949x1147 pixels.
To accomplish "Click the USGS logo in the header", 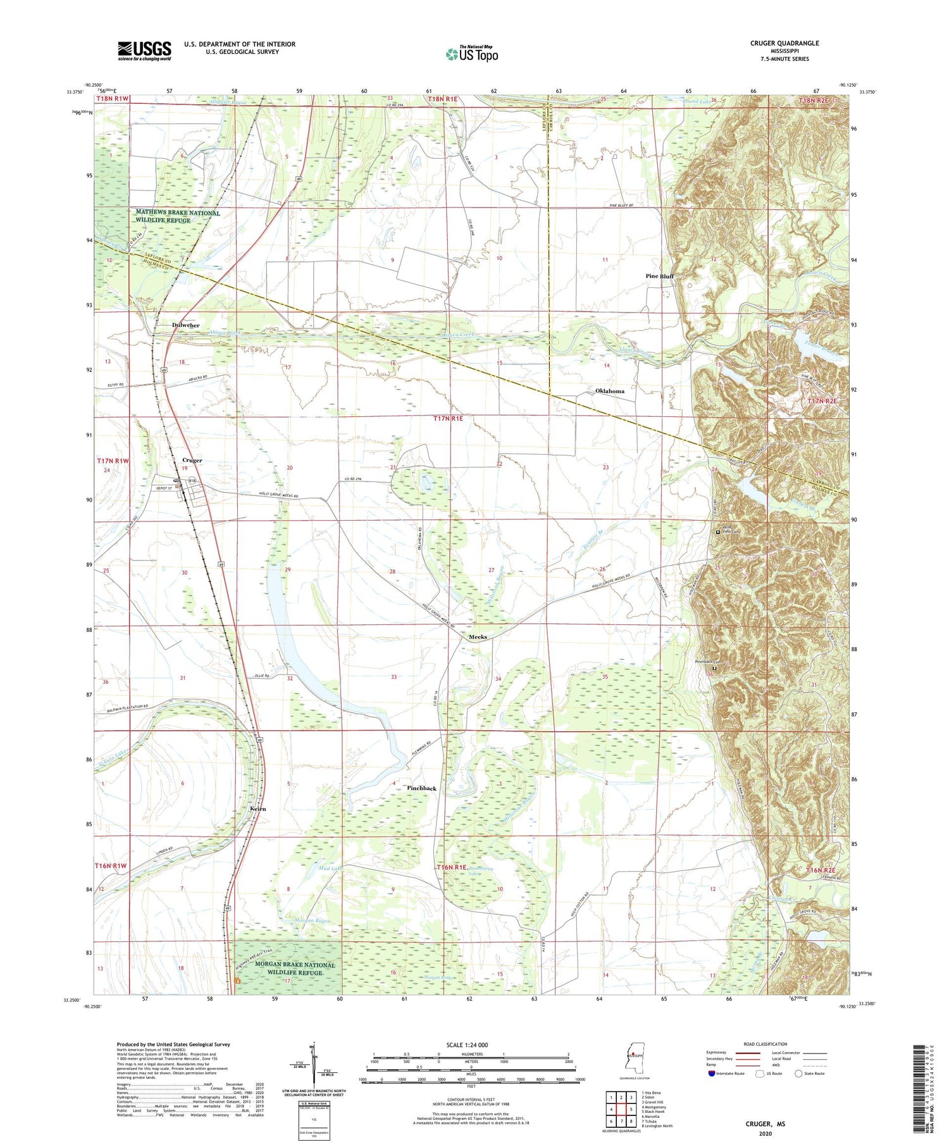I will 144,51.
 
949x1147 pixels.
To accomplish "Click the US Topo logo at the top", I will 472,54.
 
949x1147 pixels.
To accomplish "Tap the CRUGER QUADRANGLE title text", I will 784,43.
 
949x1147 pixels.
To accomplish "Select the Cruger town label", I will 192,460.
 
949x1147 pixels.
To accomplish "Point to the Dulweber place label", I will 185,325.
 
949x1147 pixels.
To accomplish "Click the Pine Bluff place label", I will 659,276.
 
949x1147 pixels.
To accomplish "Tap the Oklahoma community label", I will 609,391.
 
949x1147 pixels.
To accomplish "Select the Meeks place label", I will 478,636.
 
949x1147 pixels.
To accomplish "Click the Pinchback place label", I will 421,788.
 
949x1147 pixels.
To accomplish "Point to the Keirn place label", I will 258,809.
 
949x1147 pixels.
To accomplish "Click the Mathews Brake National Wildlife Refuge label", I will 178,216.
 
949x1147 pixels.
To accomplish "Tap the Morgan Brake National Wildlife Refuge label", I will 287,969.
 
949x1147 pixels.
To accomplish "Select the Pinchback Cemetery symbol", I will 715,668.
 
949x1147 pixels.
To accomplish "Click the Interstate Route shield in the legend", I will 711,1074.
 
